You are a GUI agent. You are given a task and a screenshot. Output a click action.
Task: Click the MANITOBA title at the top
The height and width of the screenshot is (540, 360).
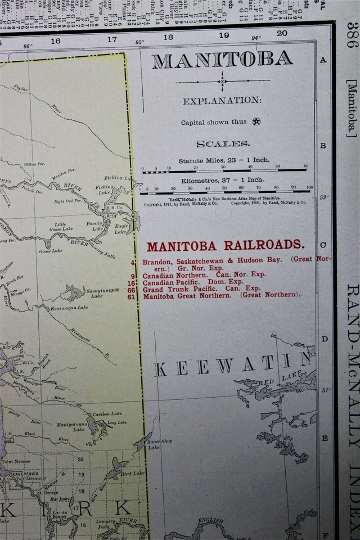tap(222, 60)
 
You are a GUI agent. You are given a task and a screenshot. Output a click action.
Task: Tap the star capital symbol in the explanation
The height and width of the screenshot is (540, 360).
tap(256, 121)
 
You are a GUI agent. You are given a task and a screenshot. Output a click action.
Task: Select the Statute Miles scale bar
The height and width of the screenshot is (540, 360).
tap(225, 171)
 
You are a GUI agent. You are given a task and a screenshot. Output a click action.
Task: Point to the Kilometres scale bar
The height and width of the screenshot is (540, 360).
tap(225, 191)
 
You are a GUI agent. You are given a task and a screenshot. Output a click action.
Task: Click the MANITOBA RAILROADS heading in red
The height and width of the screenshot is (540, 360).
tap(226, 246)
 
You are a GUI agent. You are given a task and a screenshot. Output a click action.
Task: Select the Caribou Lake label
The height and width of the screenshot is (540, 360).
tap(107, 413)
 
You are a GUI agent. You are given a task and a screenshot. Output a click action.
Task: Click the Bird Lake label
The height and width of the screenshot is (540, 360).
tap(134, 473)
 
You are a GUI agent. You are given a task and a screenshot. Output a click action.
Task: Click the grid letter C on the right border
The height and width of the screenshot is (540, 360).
tap(323, 245)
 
